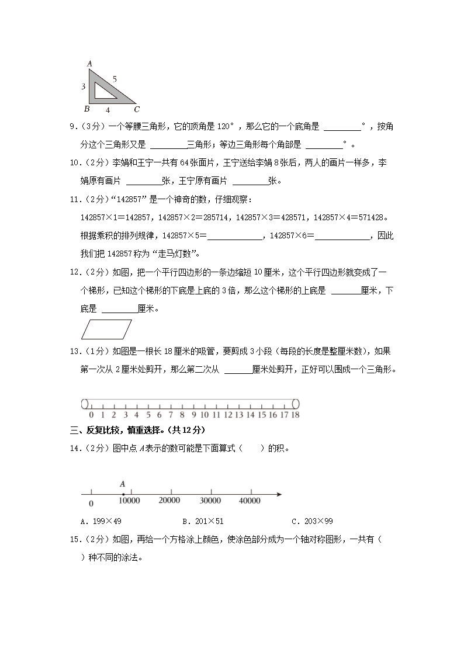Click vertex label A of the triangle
[89, 63]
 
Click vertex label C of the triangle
[136, 109]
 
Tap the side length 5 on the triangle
[115, 78]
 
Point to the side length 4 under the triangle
[108, 109]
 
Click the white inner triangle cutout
[102, 90]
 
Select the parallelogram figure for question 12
[106, 329]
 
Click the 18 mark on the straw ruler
[295, 415]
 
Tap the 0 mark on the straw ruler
[91, 415]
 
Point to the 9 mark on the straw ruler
[193, 415]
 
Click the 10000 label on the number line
[129, 501]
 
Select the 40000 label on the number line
[250, 501]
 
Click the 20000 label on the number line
[169, 501]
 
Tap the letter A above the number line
[123, 484]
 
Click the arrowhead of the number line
[279, 495]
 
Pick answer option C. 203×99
[311, 521]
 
